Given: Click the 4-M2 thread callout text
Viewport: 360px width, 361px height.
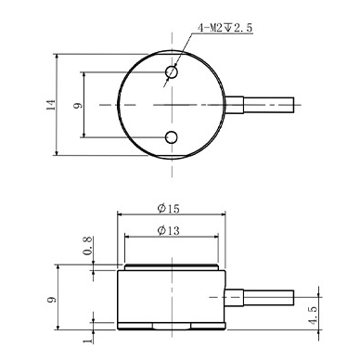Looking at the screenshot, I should point(225,29).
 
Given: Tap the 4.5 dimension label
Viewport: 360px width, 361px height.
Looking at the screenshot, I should point(313,316).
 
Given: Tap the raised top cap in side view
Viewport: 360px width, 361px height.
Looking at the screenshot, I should point(173,266).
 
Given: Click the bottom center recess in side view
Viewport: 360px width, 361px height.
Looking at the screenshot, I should point(173,328).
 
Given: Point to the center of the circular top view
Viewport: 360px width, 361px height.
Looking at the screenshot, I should point(173,105).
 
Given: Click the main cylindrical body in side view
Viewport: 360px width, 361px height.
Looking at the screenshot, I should point(173,297).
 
